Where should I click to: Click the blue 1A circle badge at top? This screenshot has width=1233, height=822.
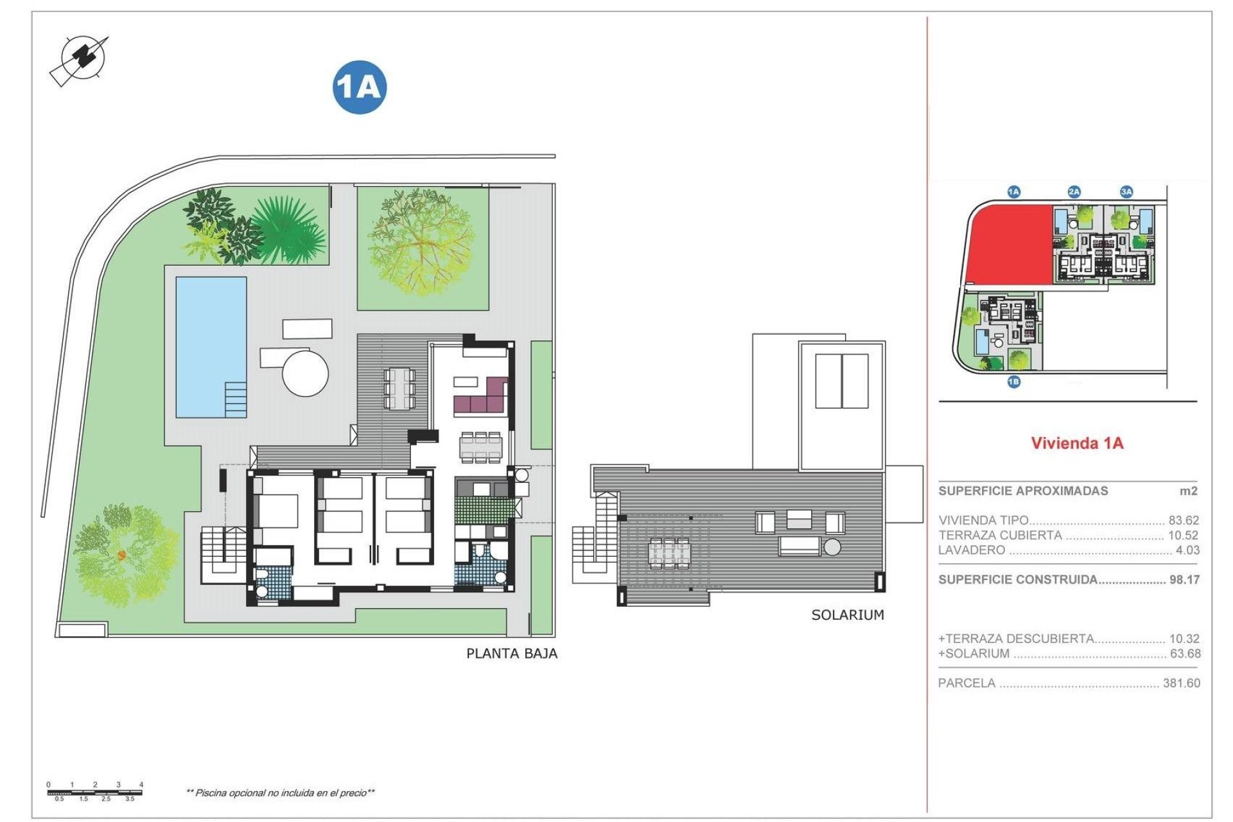pyautogui.click(x=360, y=87)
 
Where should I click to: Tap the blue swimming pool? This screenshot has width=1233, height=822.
pyautogui.click(x=211, y=347)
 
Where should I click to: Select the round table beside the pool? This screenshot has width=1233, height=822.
pyautogui.click(x=306, y=372)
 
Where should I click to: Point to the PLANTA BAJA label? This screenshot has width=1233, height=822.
pyautogui.click(x=512, y=654)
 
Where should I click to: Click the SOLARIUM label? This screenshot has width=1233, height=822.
pyautogui.click(x=848, y=615)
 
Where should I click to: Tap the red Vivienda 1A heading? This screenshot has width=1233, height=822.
pyautogui.click(x=1077, y=443)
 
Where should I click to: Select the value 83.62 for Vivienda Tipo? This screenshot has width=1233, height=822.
pyautogui.click(x=1184, y=521)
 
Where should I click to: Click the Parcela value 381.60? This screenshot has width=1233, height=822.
pyautogui.click(x=1181, y=683)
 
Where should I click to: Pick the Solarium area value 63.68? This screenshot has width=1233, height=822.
pyautogui.click(x=1185, y=654)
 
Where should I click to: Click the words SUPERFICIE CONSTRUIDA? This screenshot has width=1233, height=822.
pyautogui.click(x=1018, y=580)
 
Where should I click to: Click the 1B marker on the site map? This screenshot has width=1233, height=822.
pyautogui.click(x=1013, y=382)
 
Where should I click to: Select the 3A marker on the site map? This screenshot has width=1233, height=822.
pyautogui.click(x=1126, y=191)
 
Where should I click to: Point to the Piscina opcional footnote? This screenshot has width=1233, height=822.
pyautogui.click(x=280, y=793)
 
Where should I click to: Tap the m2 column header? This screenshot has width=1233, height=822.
pyautogui.click(x=1189, y=491)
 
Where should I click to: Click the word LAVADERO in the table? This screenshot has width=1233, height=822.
pyautogui.click(x=972, y=550)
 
